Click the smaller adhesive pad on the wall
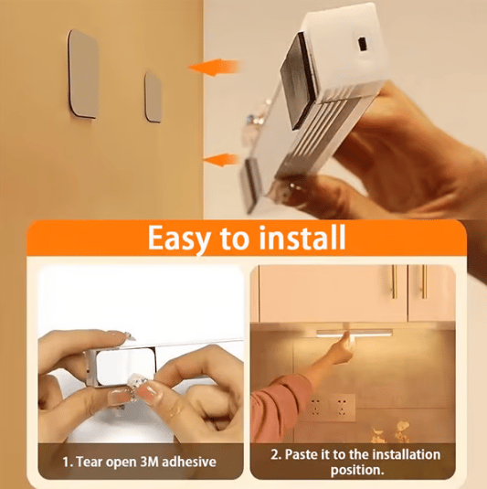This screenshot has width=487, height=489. click(154, 96)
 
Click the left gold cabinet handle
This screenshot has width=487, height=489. click(394, 282)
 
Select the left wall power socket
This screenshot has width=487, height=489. click(316, 403)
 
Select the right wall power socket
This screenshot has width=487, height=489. click(343, 403)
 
